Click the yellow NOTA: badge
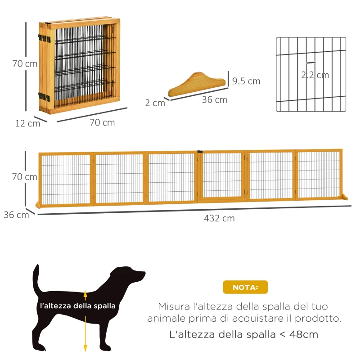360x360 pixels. point(245,287)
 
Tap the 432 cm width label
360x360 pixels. point(219,218)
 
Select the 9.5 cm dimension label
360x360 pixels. point(246,81)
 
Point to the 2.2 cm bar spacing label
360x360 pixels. point(315,75)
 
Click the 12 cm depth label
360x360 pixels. point(27,123)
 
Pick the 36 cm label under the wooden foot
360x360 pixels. point(214,99)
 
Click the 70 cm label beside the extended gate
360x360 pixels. point(25,177)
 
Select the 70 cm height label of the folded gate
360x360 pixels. point(25,63)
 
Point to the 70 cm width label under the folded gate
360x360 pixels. point(102,122)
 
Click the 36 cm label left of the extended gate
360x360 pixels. point(16,215)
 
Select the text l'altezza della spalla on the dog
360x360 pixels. point(78,306)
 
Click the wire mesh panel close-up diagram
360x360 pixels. point(310,74)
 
